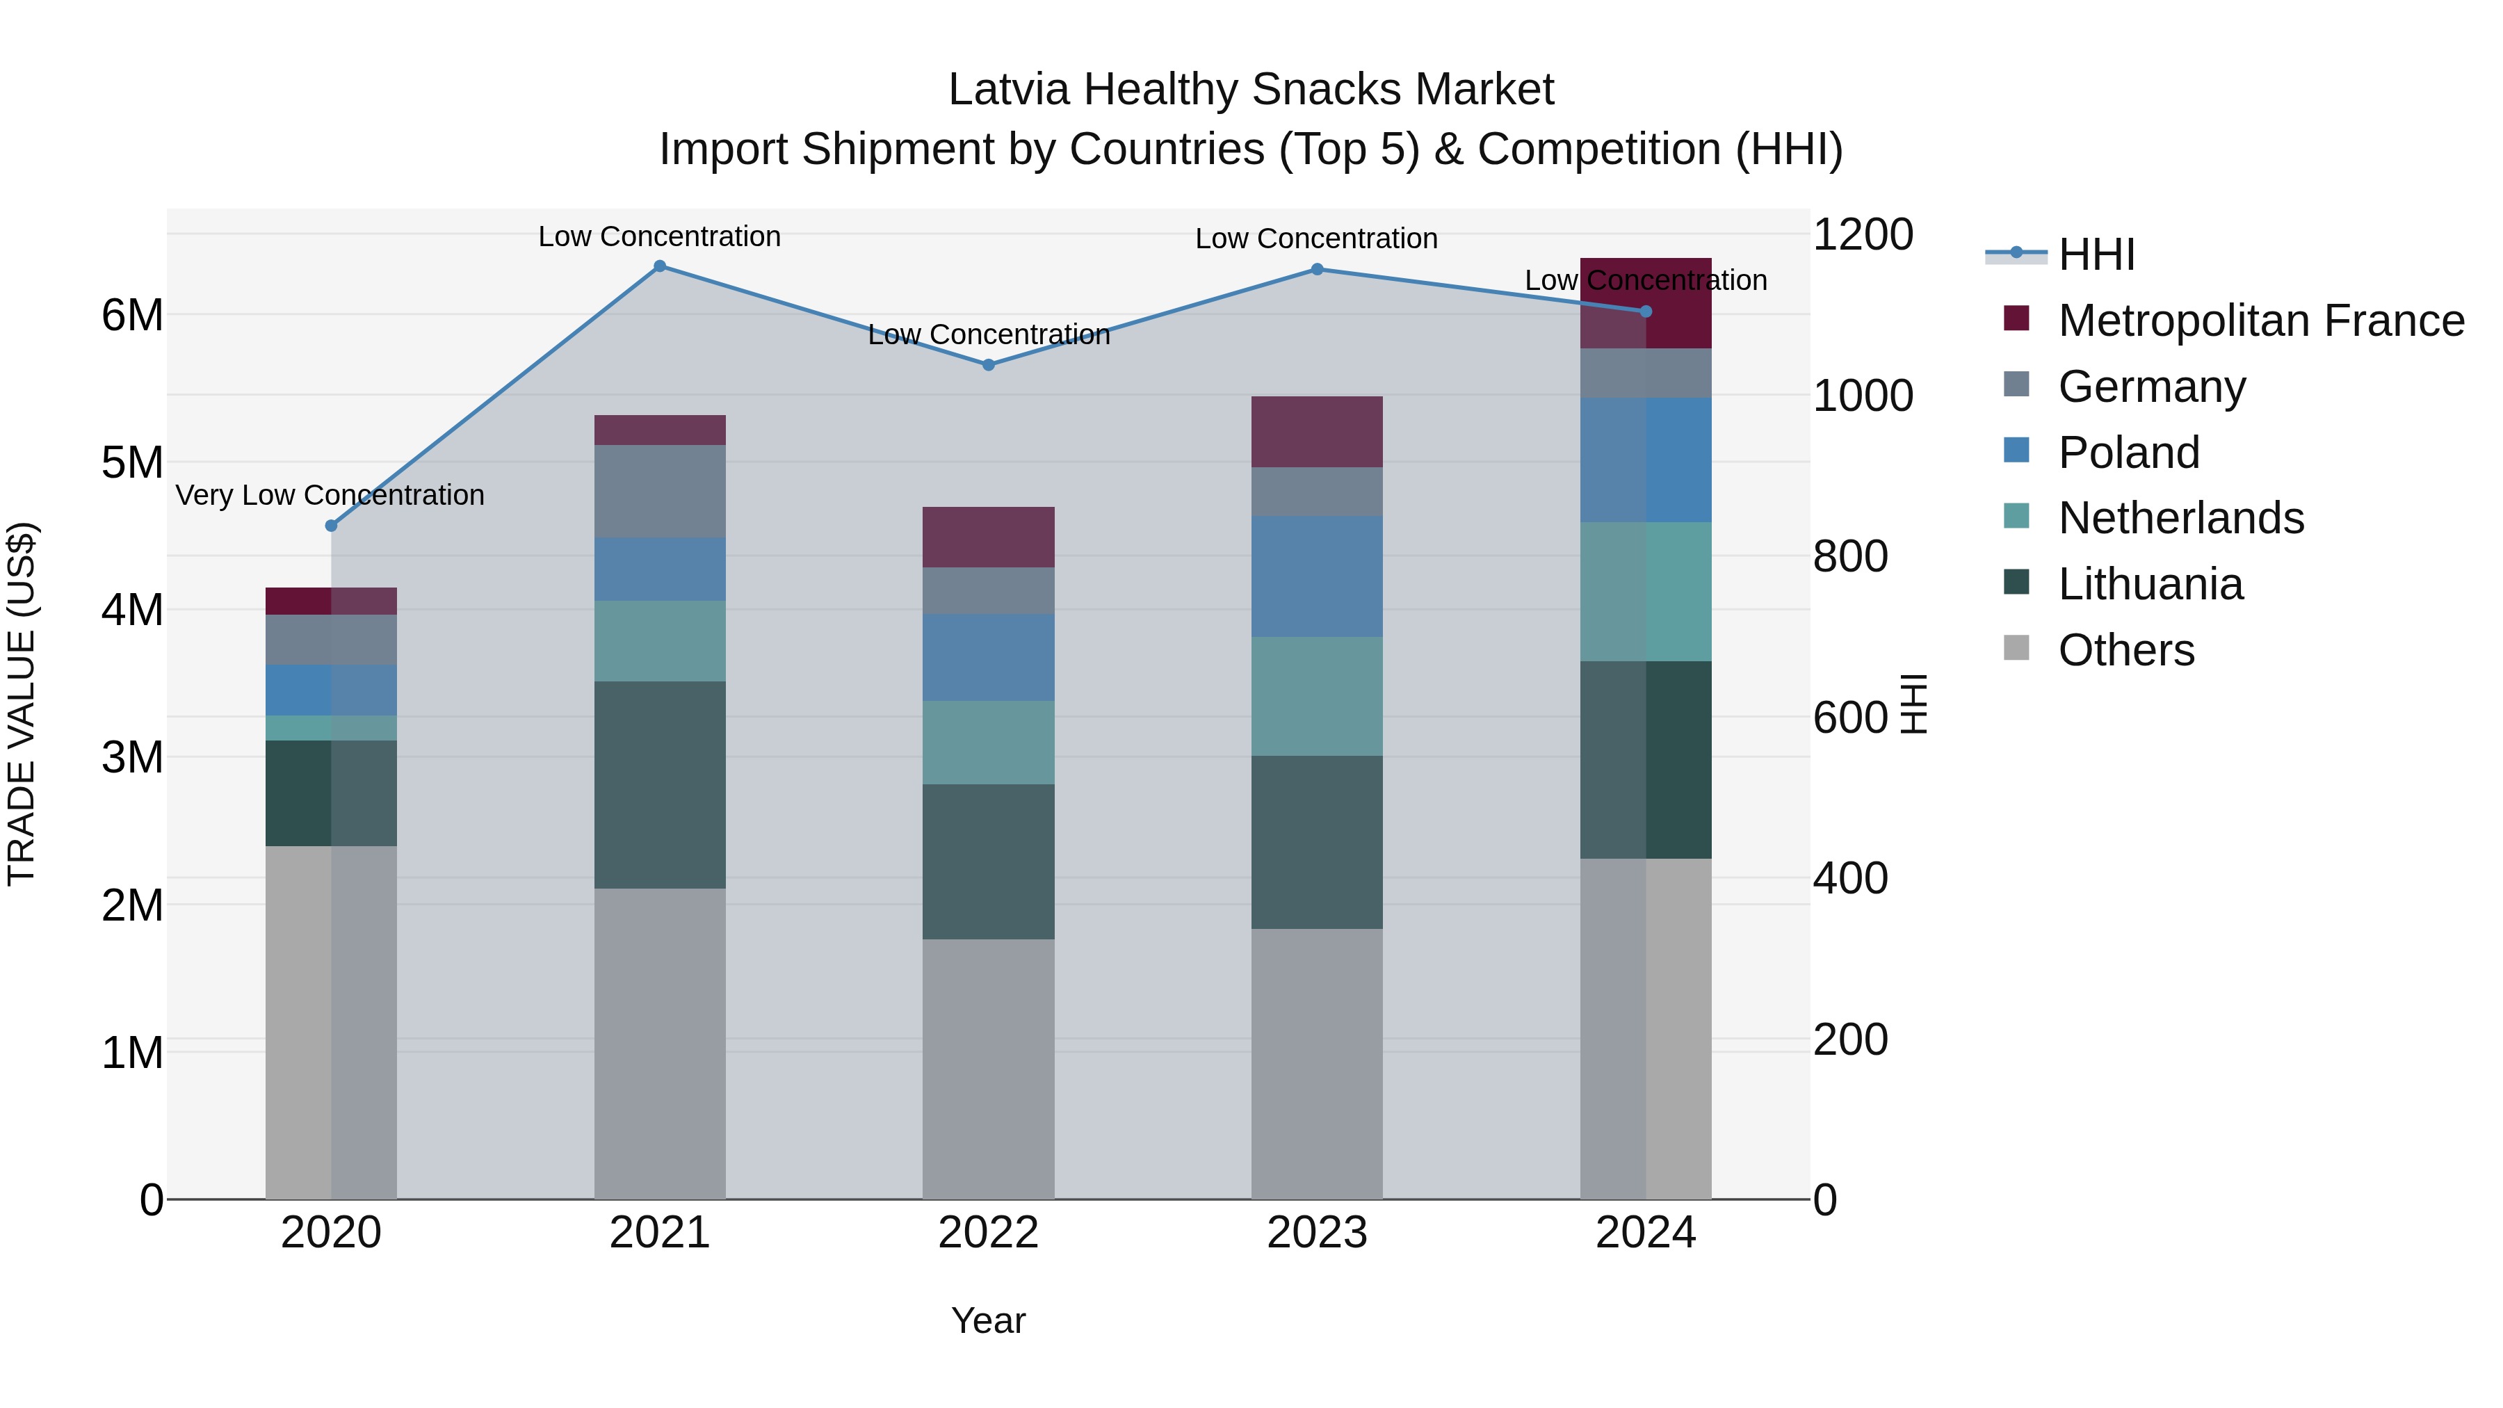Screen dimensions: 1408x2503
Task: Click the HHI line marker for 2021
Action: pyautogui.click(x=660, y=266)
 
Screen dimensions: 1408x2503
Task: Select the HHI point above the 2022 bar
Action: pyautogui.click(x=988, y=365)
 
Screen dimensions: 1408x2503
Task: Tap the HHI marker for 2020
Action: pyautogui.click(x=332, y=526)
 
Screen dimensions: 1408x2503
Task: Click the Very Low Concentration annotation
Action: pyautogui.click(x=330, y=496)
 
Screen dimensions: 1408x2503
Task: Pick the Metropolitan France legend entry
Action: pyautogui.click(x=2260, y=321)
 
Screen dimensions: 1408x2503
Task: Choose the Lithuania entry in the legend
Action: pyautogui.click(x=2150, y=584)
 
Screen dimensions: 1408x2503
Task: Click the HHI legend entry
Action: pyautogui.click(x=2096, y=254)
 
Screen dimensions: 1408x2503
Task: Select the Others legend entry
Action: pyautogui.click(x=2126, y=650)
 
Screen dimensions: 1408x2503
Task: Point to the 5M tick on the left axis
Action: pyautogui.click(x=132, y=462)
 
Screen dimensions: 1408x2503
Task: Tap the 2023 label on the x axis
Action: pyautogui.click(x=1317, y=1233)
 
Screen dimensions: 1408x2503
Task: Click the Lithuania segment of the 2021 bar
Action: pyautogui.click(x=660, y=784)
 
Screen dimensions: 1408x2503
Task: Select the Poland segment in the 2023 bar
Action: pyautogui.click(x=1317, y=576)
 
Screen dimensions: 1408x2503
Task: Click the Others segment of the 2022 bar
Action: pyautogui.click(x=988, y=1068)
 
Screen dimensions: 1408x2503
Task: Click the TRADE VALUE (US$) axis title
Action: pyautogui.click(x=22, y=704)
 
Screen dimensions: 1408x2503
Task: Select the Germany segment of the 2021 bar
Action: pyautogui.click(x=660, y=491)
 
